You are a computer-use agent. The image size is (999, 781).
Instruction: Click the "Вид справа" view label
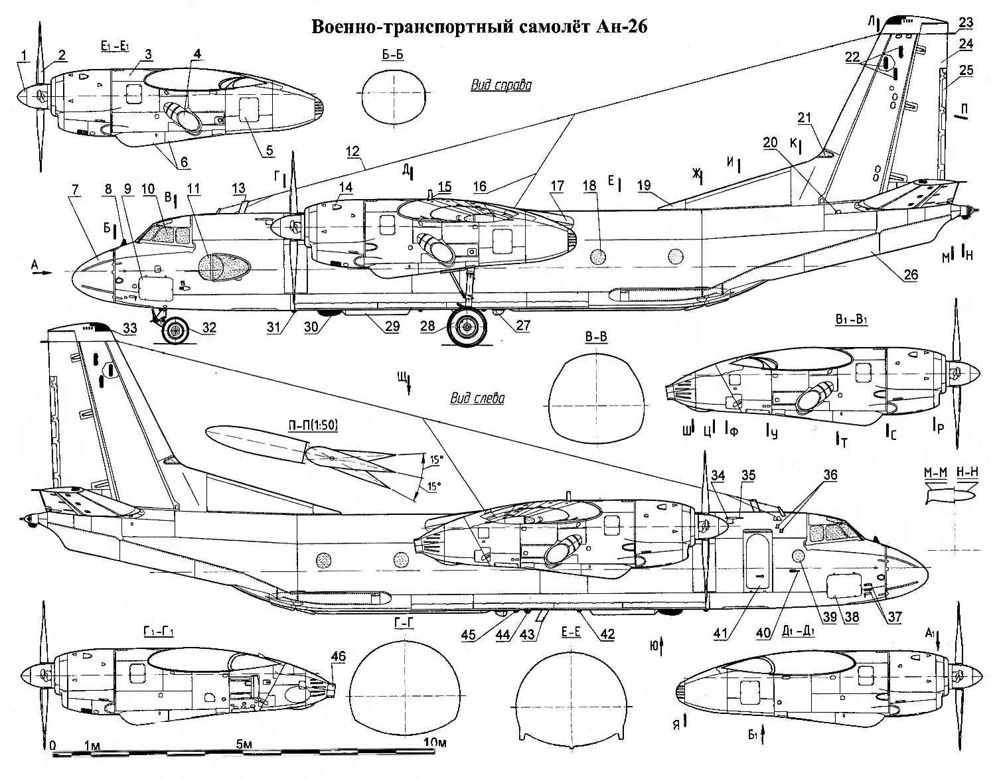[501, 86]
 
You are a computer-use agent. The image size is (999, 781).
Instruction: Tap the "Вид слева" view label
[477, 398]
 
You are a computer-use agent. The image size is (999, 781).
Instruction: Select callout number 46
[339, 656]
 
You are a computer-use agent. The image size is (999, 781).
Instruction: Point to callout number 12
[352, 151]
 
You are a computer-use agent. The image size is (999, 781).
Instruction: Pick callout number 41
[720, 634]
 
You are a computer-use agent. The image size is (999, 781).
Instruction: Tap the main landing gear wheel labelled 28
[467, 326]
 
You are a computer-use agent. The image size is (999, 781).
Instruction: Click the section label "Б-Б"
[392, 55]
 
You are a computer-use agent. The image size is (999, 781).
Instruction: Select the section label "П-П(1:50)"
[313, 425]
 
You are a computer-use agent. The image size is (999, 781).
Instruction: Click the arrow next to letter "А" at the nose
[44, 273]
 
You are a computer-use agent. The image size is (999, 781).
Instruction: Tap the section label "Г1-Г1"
[158, 632]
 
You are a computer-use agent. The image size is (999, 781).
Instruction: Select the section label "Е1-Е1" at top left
[114, 45]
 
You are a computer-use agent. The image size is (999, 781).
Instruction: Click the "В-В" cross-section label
[596, 336]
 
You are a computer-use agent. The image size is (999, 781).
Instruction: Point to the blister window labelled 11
[224, 267]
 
